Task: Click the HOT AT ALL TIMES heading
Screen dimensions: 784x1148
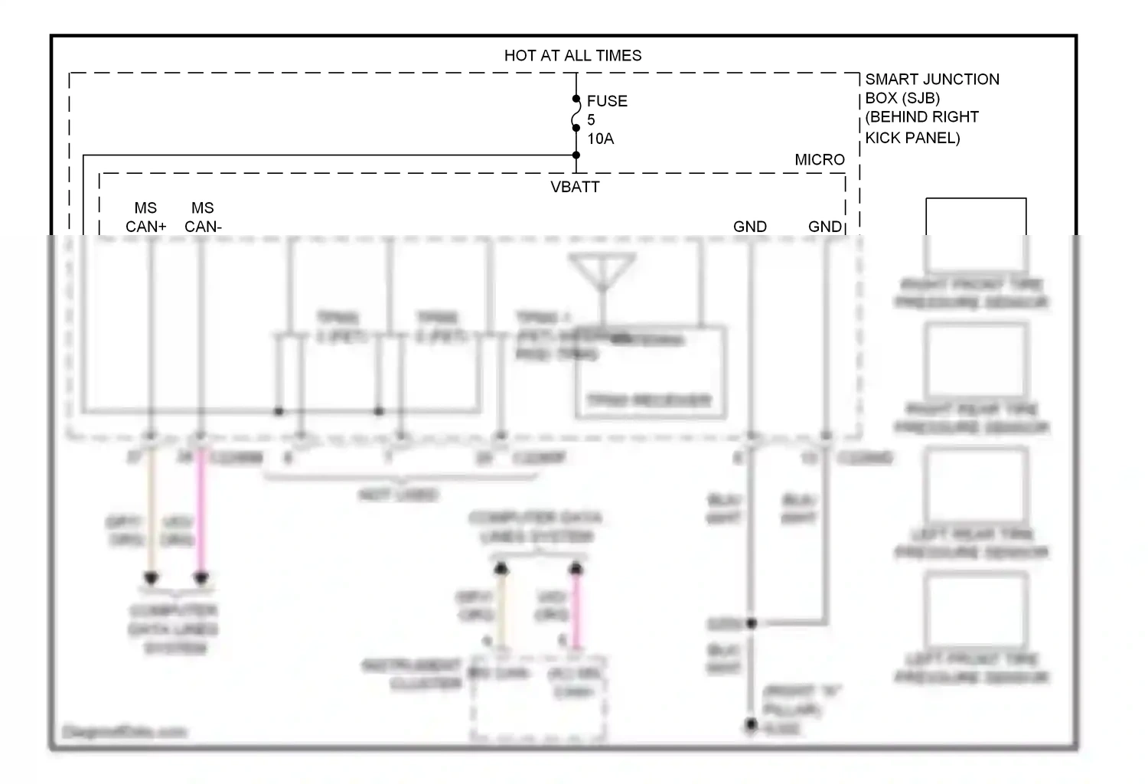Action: click(572, 55)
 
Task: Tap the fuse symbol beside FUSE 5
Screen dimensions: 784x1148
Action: click(576, 114)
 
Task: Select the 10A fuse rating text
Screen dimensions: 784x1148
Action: click(601, 139)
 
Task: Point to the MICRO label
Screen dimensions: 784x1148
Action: click(820, 159)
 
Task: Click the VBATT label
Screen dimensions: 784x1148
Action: click(575, 187)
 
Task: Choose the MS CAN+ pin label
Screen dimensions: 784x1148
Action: click(145, 217)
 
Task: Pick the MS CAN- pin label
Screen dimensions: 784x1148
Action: click(203, 217)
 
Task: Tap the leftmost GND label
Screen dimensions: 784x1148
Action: click(749, 227)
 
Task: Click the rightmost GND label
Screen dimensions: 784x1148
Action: click(824, 227)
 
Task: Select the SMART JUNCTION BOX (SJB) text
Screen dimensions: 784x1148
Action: click(931, 88)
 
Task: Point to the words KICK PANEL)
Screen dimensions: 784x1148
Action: click(912, 138)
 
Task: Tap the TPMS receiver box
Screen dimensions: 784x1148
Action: click(650, 373)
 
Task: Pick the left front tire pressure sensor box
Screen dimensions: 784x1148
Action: click(976, 609)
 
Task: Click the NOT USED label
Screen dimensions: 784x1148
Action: click(398, 495)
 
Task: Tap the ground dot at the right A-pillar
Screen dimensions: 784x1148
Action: click(752, 724)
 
